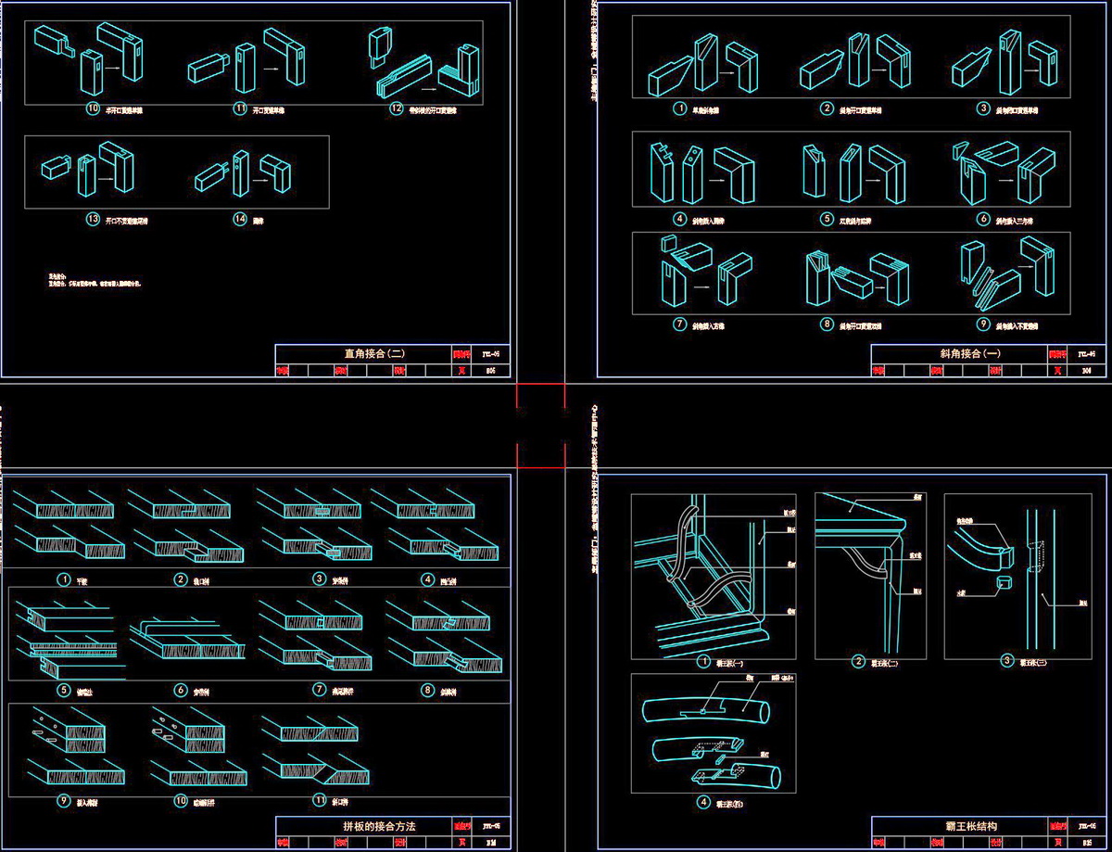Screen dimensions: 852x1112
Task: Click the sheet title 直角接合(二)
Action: click(x=367, y=353)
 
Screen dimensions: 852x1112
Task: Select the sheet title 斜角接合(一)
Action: click(x=963, y=353)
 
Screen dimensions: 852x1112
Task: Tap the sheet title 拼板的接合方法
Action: click(x=367, y=825)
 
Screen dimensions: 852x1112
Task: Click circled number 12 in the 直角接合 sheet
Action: click(x=397, y=108)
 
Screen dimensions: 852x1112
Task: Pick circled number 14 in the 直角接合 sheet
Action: click(x=240, y=221)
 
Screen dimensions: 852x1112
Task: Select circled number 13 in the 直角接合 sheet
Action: click(x=92, y=221)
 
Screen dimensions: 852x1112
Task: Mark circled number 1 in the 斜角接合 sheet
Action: click(x=680, y=108)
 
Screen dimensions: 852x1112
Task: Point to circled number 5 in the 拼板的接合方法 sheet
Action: click(x=64, y=690)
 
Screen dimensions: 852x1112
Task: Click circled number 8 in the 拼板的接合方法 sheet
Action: click(x=427, y=690)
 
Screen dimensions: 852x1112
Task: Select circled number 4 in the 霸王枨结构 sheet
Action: click(x=704, y=803)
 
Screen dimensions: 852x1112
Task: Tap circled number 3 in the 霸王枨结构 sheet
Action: click(x=1008, y=661)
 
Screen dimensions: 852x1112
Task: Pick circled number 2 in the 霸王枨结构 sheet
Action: click(x=858, y=661)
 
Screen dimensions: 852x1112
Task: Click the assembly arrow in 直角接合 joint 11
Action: click(x=272, y=68)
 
